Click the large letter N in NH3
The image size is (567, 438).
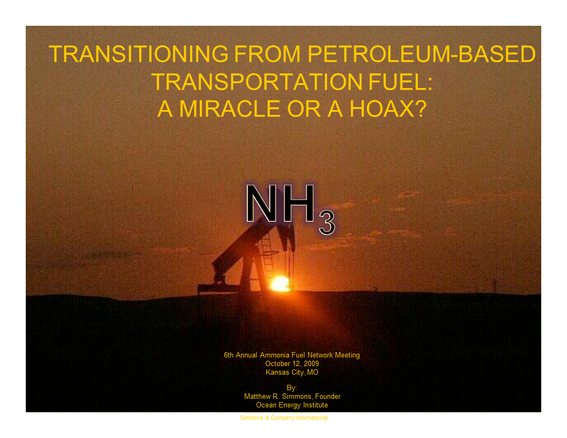click(264, 204)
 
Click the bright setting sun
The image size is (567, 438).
click(280, 283)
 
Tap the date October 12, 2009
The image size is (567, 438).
click(292, 364)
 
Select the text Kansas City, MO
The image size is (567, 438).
click(292, 373)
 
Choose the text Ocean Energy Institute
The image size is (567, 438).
click(292, 405)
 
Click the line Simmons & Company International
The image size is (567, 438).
click(283, 418)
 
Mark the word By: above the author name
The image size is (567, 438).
click(292, 388)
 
